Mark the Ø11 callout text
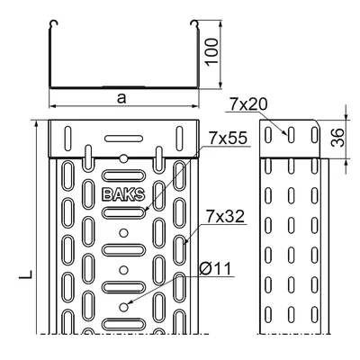point(216,266)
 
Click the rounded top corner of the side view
point(315,123)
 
